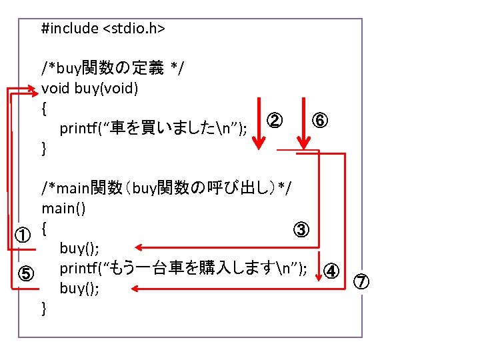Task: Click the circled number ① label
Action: pyautogui.click(x=23, y=235)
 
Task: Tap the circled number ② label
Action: pyautogui.click(x=274, y=121)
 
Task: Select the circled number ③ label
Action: pyautogui.click(x=300, y=230)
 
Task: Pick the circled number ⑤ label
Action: pyautogui.click(x=23, y=274)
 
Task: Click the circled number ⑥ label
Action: pyautogui.click(x=320, y=121)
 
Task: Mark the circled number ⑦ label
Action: pyautogui.click(x=361, y=281)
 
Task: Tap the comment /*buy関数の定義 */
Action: pyautogui.click(x=113, y=68)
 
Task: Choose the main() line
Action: pyautogui.click(x=63, y=208)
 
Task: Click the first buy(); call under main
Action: pyautogui.click(x=80, y=249)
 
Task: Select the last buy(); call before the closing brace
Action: pyautogui.click(x=80, y=289)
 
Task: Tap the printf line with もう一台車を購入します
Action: pyautogui.click(x=183, y=269)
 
